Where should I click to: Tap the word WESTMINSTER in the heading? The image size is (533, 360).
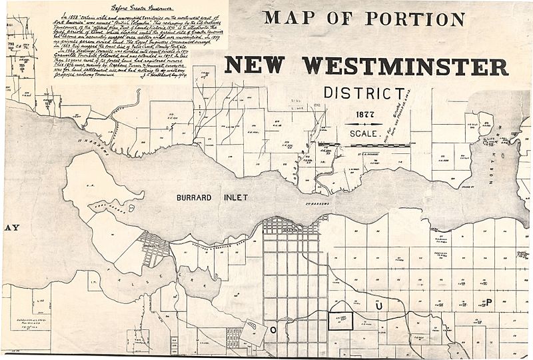[406, 65]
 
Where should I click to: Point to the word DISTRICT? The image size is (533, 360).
[364, 93]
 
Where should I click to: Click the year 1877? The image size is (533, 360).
[364, 113]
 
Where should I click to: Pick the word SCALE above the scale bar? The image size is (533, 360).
[363, 133]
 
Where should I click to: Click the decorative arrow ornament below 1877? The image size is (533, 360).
[364, 123]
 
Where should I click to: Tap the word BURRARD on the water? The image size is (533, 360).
[198, 198]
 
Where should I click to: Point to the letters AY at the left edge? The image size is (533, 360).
[11, 227]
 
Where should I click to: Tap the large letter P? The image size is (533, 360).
[488, 302]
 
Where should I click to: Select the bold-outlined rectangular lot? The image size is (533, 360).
[340, 320]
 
